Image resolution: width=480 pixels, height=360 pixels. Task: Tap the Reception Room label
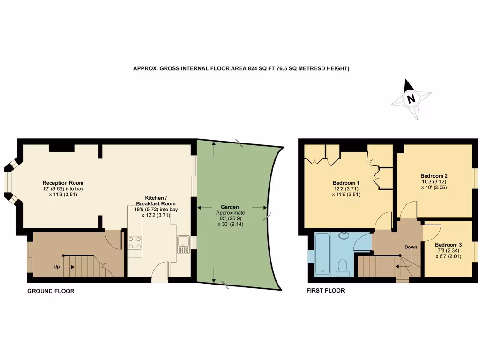pos(63,183)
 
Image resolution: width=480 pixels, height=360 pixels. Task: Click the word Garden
pos(230,206)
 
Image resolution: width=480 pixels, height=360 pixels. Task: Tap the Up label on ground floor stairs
pos(57,267)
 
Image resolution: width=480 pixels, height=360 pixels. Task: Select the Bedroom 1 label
pos(346,183)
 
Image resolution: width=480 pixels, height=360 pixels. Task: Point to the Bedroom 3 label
pos(448,245)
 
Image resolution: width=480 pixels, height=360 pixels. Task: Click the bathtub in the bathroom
pos(323,255)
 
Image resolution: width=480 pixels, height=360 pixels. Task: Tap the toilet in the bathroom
pos(342,267)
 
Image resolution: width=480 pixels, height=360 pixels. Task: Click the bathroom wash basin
pos(345,234)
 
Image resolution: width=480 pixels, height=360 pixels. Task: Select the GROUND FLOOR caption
pos(51,291)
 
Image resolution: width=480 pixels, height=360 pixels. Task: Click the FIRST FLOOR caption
pos(325,291)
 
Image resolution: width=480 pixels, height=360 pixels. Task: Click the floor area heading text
pos(241,68)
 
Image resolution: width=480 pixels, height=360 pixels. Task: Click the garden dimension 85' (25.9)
pos(230,218)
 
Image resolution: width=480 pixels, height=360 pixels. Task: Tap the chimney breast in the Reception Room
pos(61,148)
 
